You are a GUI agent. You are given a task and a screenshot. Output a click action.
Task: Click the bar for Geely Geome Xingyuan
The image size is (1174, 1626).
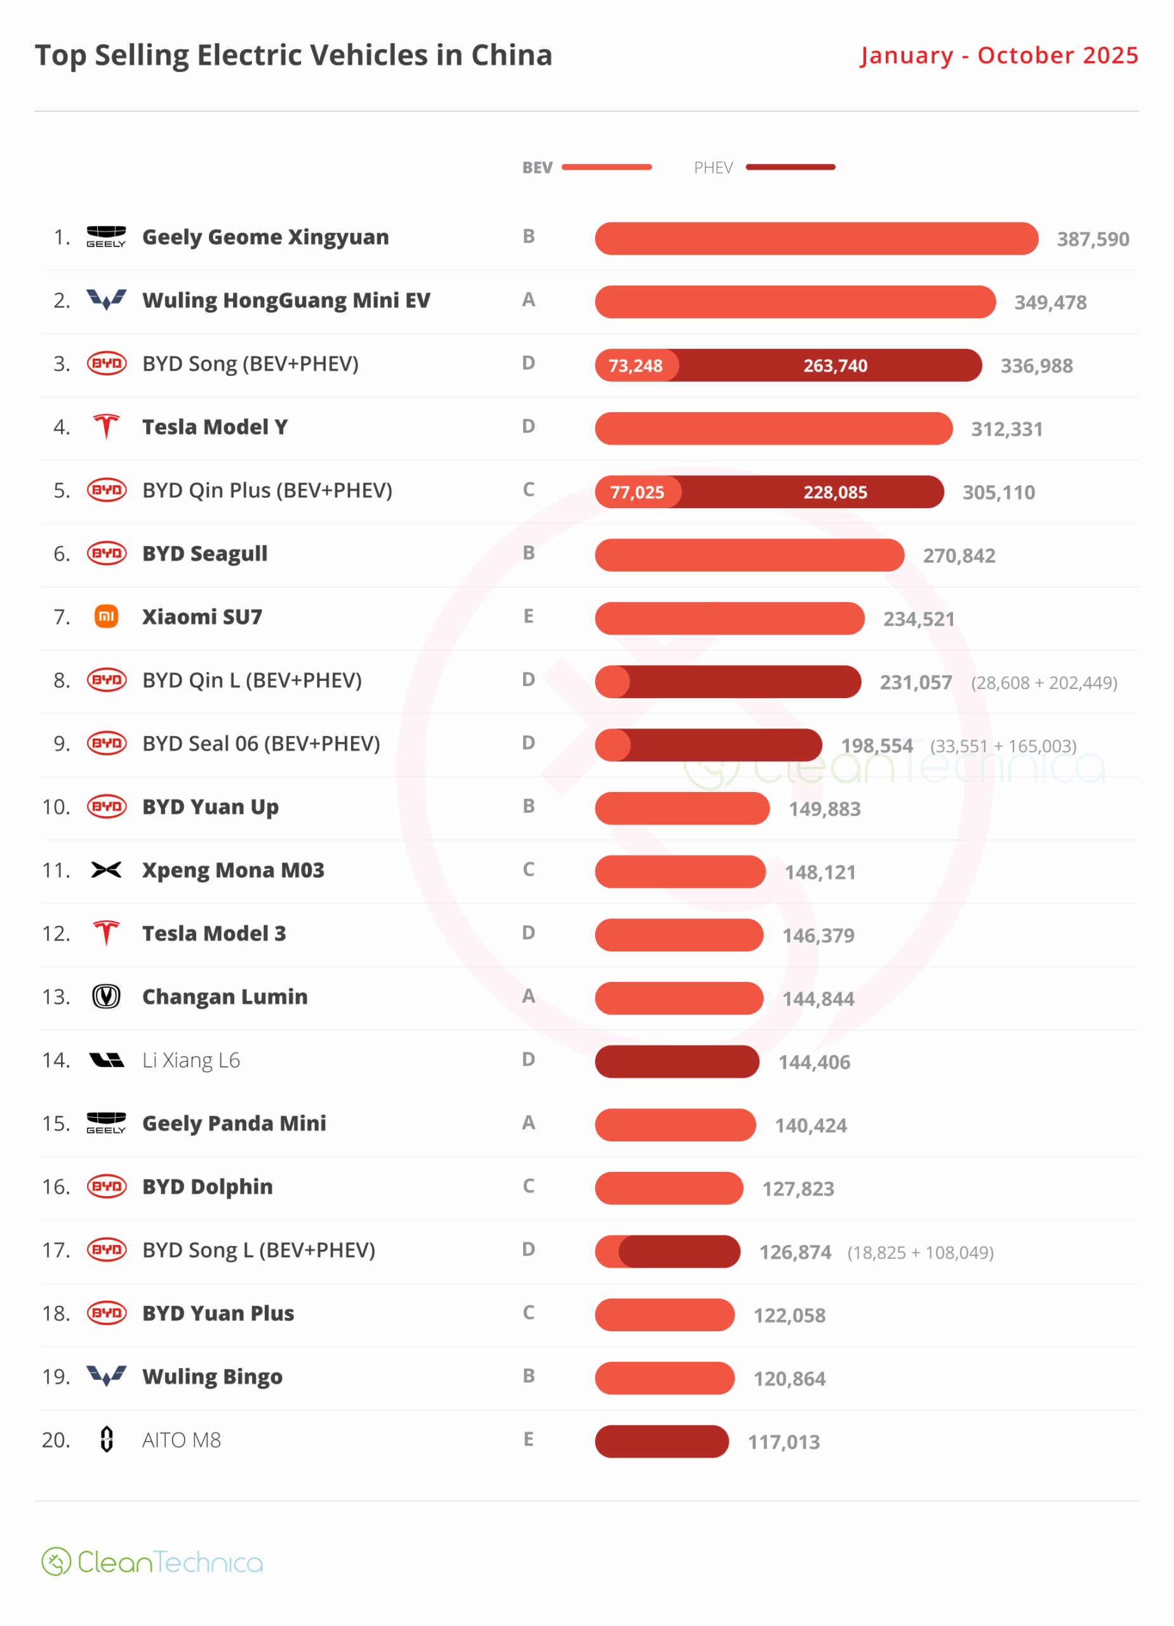[x=816, y=238]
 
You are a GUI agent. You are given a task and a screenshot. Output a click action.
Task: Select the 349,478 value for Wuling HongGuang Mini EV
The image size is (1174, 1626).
[x=1050, y=302]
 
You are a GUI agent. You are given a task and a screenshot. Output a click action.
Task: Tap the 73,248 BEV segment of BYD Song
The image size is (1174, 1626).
[x=636, y=366]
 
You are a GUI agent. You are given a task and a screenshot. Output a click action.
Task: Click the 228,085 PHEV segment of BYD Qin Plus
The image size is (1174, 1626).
[x=835, y=492]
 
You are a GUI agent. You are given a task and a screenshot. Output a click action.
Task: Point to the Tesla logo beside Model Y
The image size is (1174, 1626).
[x=106, y=427]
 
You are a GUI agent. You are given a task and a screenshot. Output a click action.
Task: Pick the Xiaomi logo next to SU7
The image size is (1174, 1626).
[x=106, y=617]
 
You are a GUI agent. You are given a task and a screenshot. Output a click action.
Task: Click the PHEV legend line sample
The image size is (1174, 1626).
[x=790, y=167]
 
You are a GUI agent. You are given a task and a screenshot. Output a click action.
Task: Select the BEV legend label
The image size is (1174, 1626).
[x=537, y=168]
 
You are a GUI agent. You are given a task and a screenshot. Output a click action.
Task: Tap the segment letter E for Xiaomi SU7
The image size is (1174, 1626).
[x=528, y=617]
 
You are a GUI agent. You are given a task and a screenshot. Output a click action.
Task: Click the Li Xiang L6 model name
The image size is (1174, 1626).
[x=190, y=1060]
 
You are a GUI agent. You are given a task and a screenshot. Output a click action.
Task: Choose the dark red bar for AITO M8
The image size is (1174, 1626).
[x=661, y=1441]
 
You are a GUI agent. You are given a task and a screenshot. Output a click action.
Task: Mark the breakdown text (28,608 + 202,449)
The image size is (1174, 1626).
[x=1044, y=683]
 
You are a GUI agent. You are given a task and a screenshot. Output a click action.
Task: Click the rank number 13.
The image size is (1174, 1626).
[x=56, y=997]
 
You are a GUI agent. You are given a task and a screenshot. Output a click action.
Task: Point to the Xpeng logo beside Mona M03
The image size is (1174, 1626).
[x=106, y=870]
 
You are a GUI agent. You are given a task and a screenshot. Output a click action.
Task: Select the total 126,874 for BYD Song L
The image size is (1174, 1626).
[x=795, y=1253]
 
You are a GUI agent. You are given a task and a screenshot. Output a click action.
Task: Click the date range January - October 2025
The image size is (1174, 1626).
[x=999, y=55]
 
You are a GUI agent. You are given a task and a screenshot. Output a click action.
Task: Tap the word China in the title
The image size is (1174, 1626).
[x=511, y=55]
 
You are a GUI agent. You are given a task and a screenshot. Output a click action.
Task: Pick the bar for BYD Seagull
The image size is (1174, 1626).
[x=749, y=555]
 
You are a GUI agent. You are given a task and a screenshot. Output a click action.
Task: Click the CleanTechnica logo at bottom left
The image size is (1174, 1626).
[x=152, y=1561]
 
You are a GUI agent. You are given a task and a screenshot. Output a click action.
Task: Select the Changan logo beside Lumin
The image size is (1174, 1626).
[x=106, y=997]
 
